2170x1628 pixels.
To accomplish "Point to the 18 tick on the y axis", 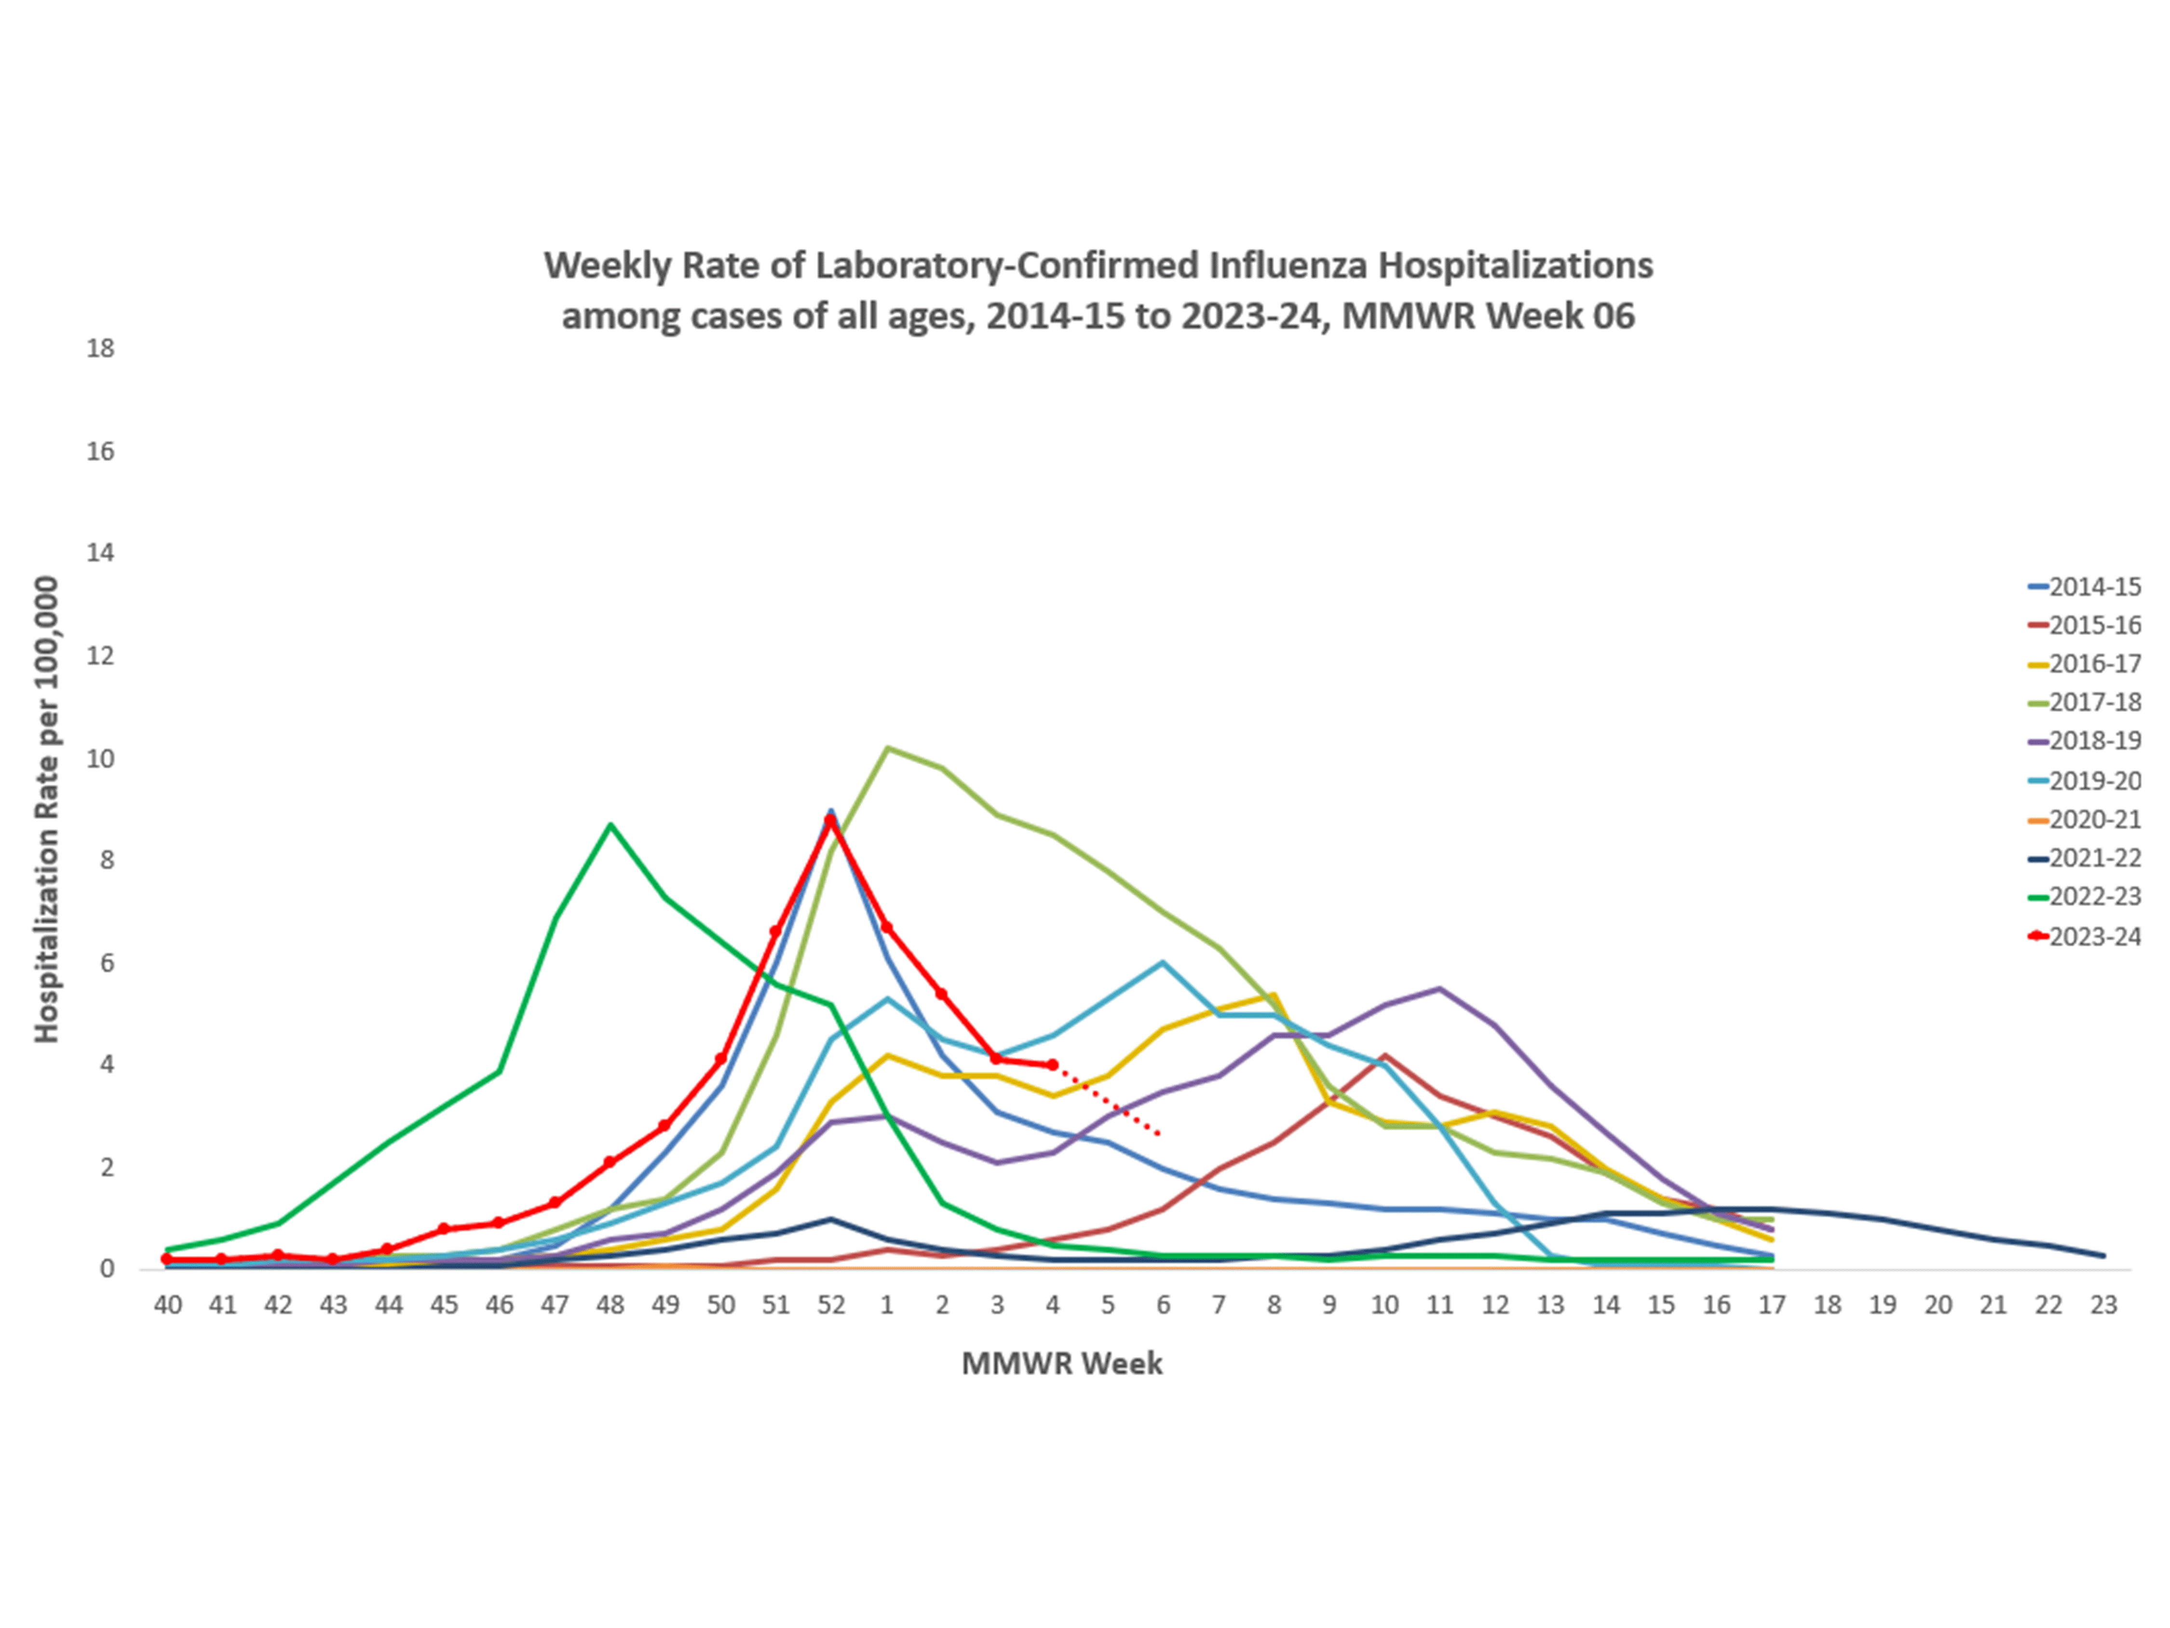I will pos(100,348).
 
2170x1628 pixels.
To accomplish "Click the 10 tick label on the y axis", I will pos(100,759).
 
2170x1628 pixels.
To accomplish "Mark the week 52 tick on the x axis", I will pos(831,1305).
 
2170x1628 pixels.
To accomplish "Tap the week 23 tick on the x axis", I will pos(2103,1305).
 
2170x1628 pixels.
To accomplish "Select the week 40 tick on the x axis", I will pos(168,1305).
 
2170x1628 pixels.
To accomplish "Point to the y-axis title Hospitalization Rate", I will pos(46,809).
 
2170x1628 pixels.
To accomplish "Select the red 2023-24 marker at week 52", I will pos(831,820).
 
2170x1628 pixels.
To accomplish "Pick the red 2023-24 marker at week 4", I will pos(1053,1065).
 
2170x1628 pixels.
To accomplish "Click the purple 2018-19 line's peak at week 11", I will pos(1439,988).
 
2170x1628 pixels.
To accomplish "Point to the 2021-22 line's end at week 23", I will pos(2103,1256).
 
